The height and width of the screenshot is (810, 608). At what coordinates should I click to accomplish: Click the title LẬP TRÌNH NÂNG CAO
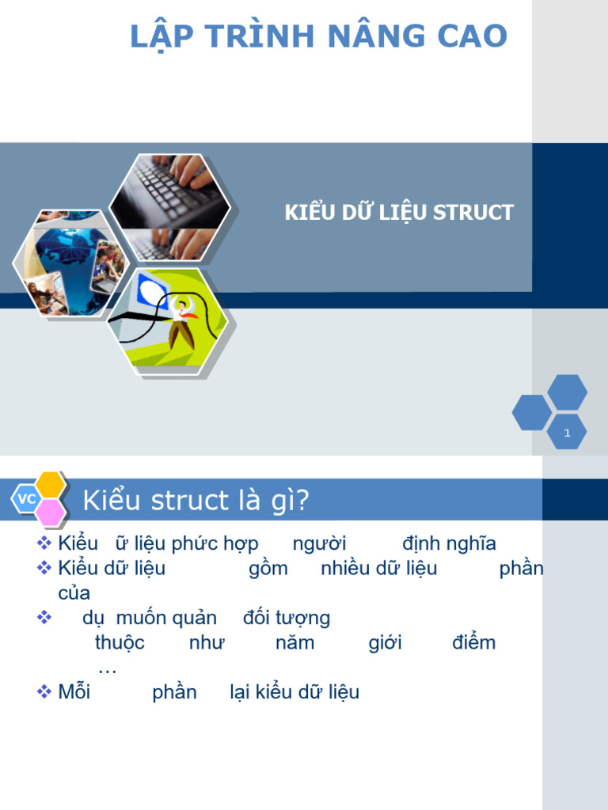[318, 36]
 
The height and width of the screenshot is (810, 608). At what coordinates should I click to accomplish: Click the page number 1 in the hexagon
[567, 433]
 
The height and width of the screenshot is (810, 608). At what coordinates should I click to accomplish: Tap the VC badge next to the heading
[26, 499]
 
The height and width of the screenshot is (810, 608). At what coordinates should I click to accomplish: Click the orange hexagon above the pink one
[51, 484]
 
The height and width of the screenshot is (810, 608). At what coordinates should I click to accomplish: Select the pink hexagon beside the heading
[51, 513]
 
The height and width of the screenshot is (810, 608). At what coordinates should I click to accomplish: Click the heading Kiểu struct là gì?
[196, 501]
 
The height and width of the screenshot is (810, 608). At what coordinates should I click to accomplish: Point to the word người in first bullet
[319, 544]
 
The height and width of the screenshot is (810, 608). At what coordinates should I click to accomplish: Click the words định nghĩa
[449, 544]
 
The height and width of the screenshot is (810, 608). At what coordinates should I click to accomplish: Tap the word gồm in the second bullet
[268, 569]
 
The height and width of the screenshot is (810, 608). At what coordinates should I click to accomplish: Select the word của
[74, 593]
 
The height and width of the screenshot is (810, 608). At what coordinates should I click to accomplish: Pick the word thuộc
[120, 642]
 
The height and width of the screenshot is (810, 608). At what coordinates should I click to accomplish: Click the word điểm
[473, 642]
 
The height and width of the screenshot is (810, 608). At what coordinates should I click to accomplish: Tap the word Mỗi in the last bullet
[74, 692]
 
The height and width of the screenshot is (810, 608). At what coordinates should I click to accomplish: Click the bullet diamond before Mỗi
[44, 692]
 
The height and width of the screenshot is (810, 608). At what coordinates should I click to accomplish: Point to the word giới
[385, 642]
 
